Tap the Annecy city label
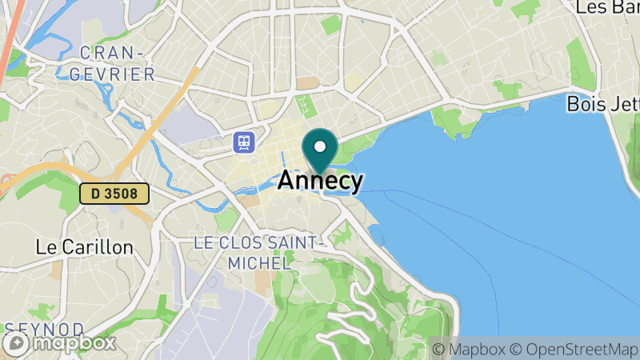[320, 181]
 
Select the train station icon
[244, 142]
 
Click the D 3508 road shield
[114, 193]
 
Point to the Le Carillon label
[85, 247]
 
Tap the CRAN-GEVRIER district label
[118, 63]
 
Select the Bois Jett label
[602, 104]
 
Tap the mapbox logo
[60, 343]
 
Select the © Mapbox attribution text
[469, 350]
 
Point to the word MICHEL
[258, 262]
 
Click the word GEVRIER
[118, 74]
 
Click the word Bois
[584, 104]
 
